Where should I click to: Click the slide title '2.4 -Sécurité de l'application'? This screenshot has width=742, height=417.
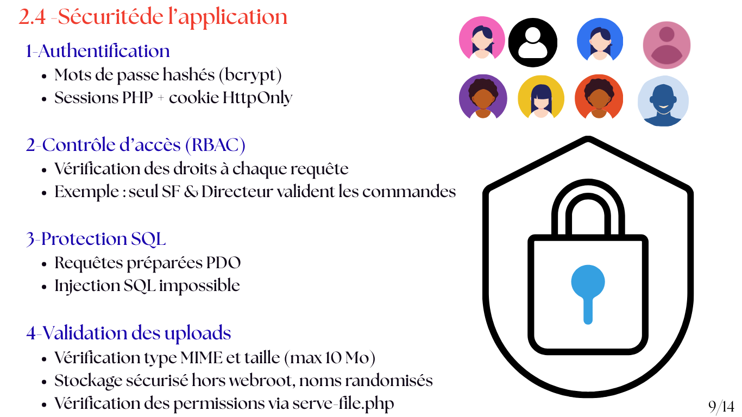pyautogui.click(x=153, y=17)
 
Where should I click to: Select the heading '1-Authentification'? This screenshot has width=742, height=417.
pyautogui.click(x=98, y=51)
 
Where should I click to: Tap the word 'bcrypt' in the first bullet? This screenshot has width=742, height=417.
pyautogui.click(x=250, y=75)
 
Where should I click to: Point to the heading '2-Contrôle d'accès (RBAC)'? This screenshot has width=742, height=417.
pyautogui.click(x=136, y=145)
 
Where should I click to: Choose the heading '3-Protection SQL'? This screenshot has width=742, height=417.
pyautogui.click(x=96, y=239)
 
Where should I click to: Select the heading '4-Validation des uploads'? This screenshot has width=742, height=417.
pyautogui.click(x=129, y=333)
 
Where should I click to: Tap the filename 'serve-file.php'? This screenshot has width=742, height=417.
pyautogui.click(x=343, y=404)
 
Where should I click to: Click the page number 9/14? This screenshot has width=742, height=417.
pyautogui.click(x=721, y=406)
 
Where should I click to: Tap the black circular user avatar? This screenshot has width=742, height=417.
pyautogui.click(x=532, y=42)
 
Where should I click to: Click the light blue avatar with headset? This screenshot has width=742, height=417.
pyautogui.click(x=663, y=101)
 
